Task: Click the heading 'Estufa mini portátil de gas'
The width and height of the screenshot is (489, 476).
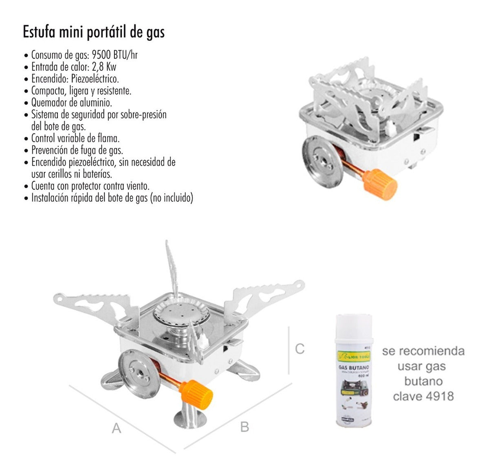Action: (x=94, y=32)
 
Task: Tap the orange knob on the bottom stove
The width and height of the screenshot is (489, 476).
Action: (x=199, y=393)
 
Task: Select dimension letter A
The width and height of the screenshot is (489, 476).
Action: (x=117, y=428)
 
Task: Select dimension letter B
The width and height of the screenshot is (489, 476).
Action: (x=244, y=427)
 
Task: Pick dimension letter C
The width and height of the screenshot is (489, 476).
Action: (x=300, y=349)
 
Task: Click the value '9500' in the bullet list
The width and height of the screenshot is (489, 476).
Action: (x=103, y=55)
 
